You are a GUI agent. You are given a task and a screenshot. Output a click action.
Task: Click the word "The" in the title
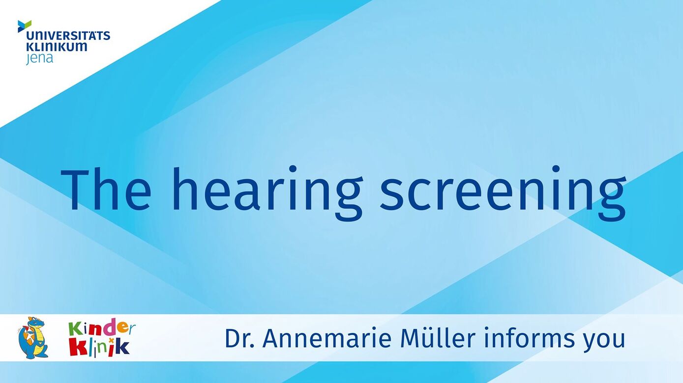pos(106,189)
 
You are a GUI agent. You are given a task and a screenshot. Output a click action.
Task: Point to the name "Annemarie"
pos(327,338)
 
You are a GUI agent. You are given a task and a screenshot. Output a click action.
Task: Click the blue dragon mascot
pos(33,337)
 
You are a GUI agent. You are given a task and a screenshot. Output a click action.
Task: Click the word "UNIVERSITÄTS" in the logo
pos(68,36)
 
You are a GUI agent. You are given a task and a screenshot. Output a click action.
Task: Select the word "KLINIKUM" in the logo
pos(57,47)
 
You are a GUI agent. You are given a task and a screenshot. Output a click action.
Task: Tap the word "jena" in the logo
pos(39,58)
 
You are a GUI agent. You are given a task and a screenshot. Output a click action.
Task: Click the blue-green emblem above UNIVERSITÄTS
pos(25,26)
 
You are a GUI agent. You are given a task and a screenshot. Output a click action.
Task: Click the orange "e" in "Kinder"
pos(121,328)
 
